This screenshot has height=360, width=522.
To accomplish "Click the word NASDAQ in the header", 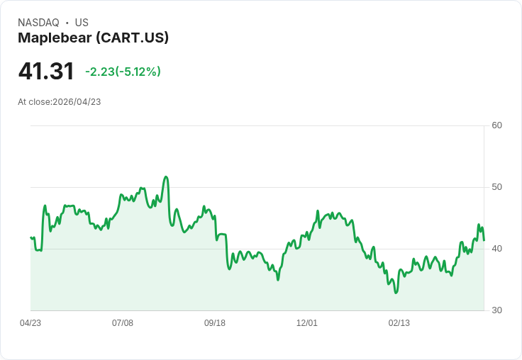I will pyautogui.click(x=38, y=23).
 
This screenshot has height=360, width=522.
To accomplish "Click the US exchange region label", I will pyautogui.click(x=82, y=23).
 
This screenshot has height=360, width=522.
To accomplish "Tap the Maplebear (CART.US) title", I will pyautogui.click(x=93, y=38).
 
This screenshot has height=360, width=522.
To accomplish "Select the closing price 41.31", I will pyautogui.click(x=46, y=72).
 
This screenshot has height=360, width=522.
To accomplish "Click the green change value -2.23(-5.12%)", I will pyautogui.click(x=123, y=72).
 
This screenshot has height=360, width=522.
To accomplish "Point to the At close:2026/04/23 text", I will pyautogui.click(x=60, y=102).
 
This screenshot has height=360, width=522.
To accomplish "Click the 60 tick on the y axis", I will pyautogui.click(x=497, y=125).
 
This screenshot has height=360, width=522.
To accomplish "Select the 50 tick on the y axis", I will pyautogui.click(x=497, y=187).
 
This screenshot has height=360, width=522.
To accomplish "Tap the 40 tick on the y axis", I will pyautogui.click(x=497, y=249).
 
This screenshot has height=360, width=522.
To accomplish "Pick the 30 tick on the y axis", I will pyautogui.click(x=497, y=310).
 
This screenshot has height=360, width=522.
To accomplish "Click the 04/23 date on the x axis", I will pyautogui.click(x=30, y=323).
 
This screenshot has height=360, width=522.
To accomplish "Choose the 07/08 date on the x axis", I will pyautogui.click(x=123, y=323).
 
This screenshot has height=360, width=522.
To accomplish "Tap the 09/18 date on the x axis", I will pyautogui.click(x=215, y=323).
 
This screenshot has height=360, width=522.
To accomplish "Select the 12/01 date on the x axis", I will pyautogui.click(x=307, y=323).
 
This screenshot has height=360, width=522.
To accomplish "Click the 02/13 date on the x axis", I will pyautogui.click(x=399, y=323).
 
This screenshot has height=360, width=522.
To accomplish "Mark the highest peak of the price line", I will pyautogui.click(x=166, y=177).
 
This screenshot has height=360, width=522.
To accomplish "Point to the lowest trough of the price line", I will pyautogui.click(x=396, y=293).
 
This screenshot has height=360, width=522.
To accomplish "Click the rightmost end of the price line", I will pyautogui.click(x=484, y=240).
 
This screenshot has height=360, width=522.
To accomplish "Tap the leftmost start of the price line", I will pyautogui.click(x=30, y=237).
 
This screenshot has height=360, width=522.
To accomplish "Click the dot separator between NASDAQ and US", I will pyautogui.click(x=67, y=23).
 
